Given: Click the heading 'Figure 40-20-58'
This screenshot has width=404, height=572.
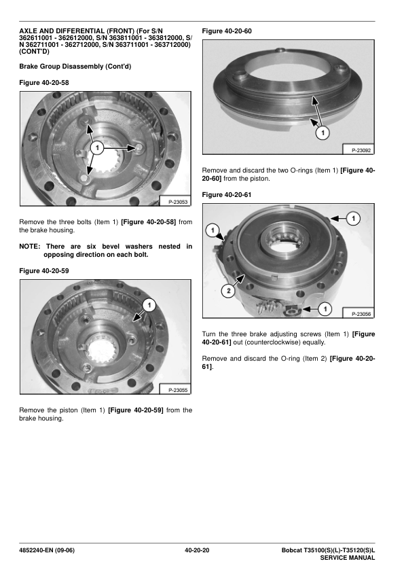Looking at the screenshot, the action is click(x=43, y=83).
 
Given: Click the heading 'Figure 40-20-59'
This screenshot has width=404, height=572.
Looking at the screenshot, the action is click(x=43, y=271).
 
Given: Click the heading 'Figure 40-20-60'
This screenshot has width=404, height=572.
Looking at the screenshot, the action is click(x=227, y=31).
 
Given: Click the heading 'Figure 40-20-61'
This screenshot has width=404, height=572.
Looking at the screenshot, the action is click(x=227, y=195).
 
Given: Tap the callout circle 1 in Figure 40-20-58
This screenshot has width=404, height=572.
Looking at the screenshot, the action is click(x=97, y=147).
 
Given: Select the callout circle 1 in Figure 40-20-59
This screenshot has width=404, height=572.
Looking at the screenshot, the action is click(x=149, y=305).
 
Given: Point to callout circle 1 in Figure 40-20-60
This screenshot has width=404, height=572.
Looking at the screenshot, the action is click(x=323, y=132).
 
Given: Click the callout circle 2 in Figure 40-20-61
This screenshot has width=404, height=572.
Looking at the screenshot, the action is click(x=229, y=291).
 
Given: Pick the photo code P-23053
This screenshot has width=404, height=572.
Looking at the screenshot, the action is click(x=178, y=202).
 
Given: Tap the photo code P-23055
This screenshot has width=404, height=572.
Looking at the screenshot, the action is click(x=178, y=390).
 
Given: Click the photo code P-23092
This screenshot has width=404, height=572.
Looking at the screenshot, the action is click(x=361, y=150).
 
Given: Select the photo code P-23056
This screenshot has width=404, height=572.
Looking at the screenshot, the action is click(x=361, y=314).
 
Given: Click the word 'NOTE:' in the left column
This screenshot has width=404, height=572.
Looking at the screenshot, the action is click(x=29, y=247).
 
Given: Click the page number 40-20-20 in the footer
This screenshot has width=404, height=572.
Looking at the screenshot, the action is click(x=197, y=550).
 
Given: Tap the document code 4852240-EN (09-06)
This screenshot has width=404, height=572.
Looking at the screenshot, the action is click(x=47, y=550).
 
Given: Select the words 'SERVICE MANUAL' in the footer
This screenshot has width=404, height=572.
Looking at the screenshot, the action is click(x=348, y=558).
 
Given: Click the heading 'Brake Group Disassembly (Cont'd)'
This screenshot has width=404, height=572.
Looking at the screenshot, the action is click(x=75, y=67).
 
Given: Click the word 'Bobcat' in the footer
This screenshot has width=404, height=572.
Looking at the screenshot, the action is click(x=292, y=550).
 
